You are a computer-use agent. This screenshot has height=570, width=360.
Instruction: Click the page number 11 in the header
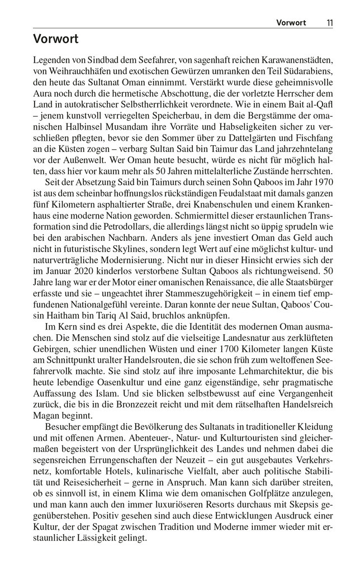pyautogui.click(x=330, y=22)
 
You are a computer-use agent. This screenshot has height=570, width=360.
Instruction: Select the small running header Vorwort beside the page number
pyautogui.click(x=291, y=22)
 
